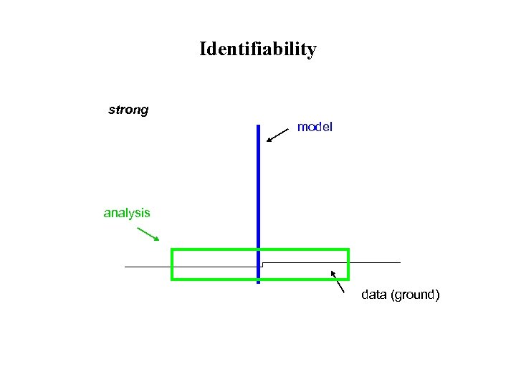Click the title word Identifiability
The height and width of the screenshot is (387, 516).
[258, 49]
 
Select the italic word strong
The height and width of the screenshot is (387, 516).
[128, 110]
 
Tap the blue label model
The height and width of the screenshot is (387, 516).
[315, 127]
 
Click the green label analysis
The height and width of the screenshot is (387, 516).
[127, 213]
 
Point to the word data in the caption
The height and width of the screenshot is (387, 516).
[374, 295]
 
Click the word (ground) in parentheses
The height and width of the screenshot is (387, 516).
[415, 295]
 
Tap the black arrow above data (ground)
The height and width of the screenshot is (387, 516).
[337, 280]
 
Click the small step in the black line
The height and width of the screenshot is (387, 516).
[262, 264]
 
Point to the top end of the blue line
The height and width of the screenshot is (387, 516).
[258, 126]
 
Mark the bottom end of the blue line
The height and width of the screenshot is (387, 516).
[258, 282]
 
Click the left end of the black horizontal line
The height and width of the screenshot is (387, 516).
[125, 267]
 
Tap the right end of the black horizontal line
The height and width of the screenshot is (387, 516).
[400, 262]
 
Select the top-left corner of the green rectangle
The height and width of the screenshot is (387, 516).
[172, 249]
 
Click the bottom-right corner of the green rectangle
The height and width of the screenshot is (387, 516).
[348, 279]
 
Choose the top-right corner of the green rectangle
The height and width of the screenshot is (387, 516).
[348, 249]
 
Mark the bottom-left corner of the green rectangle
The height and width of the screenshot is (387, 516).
[172, 279]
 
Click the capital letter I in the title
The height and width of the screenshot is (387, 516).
[204, 49]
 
